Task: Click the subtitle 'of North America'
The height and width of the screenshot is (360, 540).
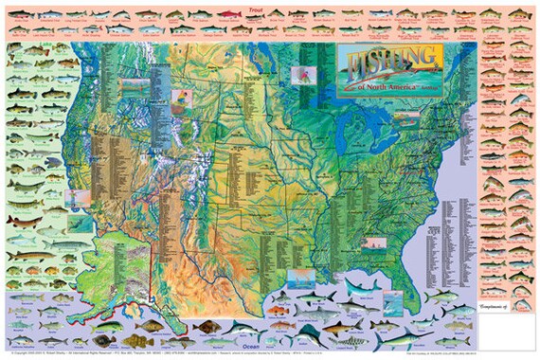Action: pos(391,89)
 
